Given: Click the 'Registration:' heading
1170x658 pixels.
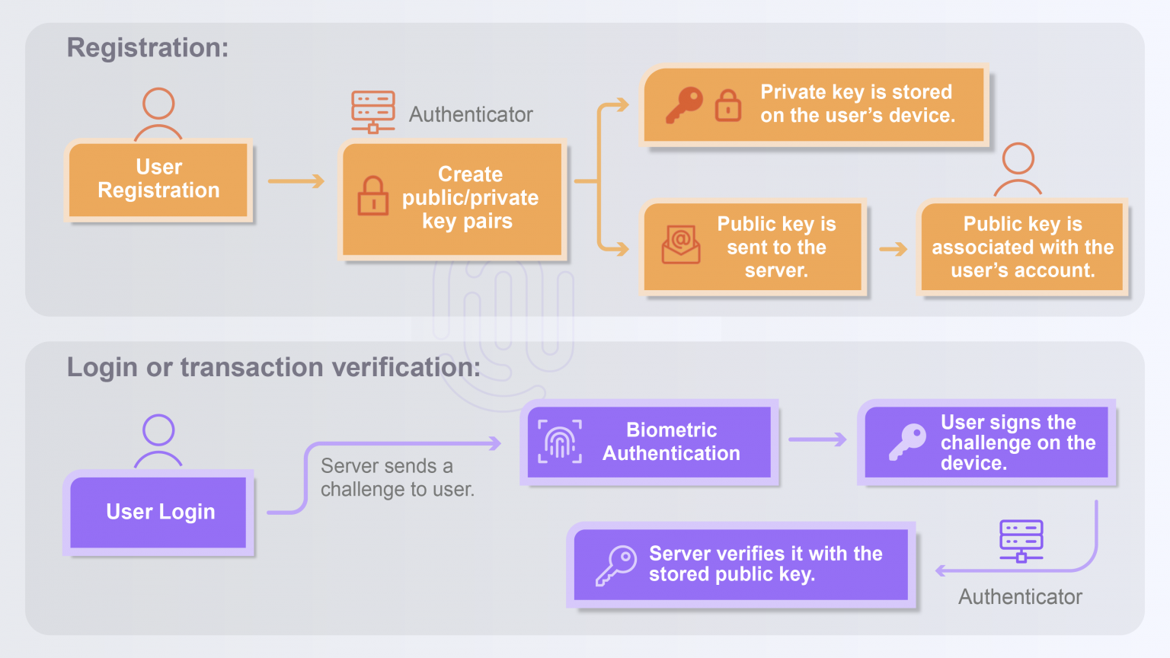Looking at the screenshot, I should (x=148, y=48).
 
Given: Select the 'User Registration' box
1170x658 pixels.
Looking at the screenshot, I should (x=158, y=180).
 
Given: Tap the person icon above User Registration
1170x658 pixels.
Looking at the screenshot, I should (x=158, y=113).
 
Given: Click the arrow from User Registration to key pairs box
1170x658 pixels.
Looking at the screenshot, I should (x=296, y=181).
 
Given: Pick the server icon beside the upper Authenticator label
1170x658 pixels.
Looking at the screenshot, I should (x=372, y=111).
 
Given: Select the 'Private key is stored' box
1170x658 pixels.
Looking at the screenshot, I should (x=815, y=104).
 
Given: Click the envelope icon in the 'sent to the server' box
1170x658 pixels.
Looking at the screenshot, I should (x=681, y=244).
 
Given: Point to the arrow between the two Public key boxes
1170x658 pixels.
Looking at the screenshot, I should (x=893, y=249).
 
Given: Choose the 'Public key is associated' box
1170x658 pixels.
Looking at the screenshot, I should (x=1022, y=247).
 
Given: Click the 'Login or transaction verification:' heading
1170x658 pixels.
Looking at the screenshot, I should (x=273, y=367).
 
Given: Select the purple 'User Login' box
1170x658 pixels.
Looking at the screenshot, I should (x=159, y=512).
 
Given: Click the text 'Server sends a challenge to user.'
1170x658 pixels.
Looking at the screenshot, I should (x=397, y=478).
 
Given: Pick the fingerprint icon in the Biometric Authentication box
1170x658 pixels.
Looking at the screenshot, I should (x=560, y=442).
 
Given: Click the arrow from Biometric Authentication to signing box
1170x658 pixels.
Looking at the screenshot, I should (x=817, y=439).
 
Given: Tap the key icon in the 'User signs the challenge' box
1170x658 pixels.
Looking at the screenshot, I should (x=907, y=442).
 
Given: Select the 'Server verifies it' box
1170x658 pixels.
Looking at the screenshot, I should (x=740, y=564).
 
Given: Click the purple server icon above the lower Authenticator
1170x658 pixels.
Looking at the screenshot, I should (x=1021, y=540).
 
